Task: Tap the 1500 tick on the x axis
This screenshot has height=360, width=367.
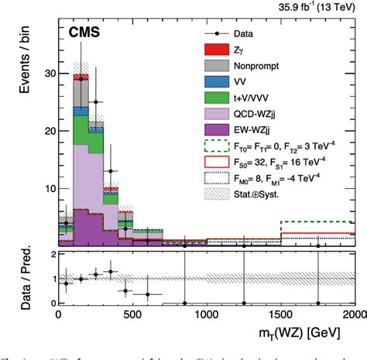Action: coord(280,316)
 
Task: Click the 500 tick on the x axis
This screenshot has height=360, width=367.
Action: coord(132,316)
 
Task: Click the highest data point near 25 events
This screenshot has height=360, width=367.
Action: coord(96,102)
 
